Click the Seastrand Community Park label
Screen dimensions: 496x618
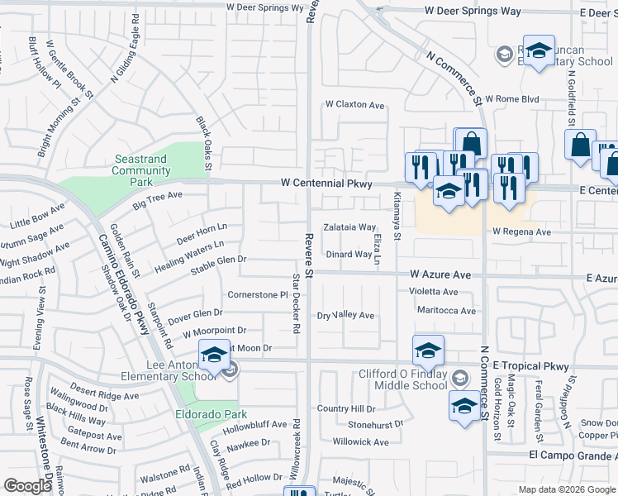[x=141, y=170]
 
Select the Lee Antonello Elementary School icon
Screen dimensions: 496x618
[x=214, y=356]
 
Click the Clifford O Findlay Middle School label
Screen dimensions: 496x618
[x=403, y=379]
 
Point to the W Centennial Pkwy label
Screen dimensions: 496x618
[x=326, y=183]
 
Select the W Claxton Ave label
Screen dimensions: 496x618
[x=355, y=105]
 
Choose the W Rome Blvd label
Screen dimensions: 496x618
[x=512, y=99]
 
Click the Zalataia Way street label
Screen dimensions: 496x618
[x=349, y=227]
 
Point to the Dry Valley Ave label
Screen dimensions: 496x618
[x=346, y=315]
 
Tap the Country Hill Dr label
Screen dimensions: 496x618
[x=346, y=408]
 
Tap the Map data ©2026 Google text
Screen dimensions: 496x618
[x=566, y=489]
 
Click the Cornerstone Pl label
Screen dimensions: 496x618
[x=257, y=294]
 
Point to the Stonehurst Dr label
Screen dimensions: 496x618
[x=375, y=424]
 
